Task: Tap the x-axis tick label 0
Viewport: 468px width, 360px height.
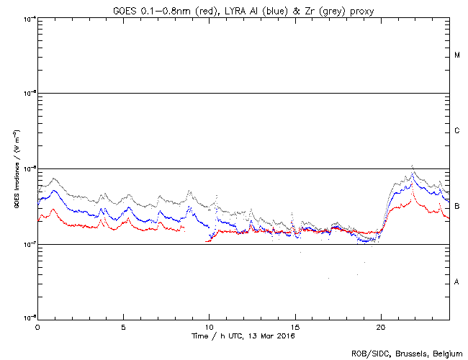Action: (x=37, y=326)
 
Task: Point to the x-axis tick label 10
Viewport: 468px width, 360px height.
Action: (x=209, y=326)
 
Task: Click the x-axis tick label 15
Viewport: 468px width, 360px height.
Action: (x=294, y=326)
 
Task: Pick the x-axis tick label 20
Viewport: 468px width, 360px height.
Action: (x=380, y=326)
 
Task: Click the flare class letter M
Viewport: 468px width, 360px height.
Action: (x=457, y=55)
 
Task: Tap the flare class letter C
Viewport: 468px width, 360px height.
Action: (x=457, y=131)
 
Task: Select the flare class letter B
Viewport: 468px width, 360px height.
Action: (x=457, y=207)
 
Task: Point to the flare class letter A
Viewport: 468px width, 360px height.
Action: (x=457, y=282)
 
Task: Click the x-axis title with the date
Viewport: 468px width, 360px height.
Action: (x=243, y=336)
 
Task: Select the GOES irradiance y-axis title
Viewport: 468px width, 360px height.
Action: (x=16, y=168)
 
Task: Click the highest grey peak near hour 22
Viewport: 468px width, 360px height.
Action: (x=412, y=166)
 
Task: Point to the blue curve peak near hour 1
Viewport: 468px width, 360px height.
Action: (x=56, y=190)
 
